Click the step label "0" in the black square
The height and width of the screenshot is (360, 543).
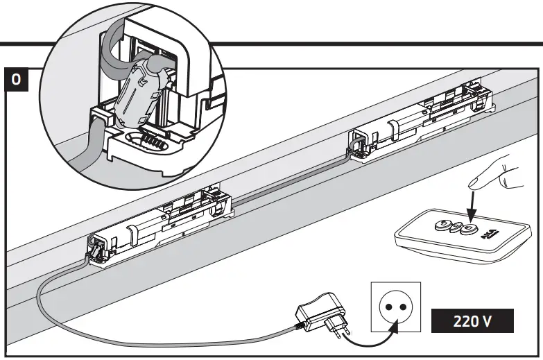17,79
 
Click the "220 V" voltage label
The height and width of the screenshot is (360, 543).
472,322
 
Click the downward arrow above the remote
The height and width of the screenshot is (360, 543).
472,208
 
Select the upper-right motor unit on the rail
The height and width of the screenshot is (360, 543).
423,118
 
